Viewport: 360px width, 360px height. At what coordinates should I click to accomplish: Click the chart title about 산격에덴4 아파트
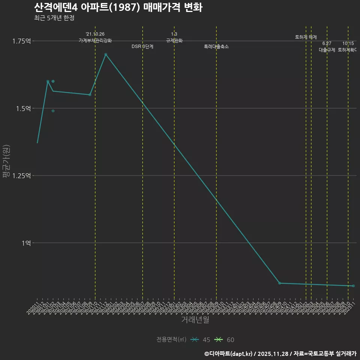pos(118,7)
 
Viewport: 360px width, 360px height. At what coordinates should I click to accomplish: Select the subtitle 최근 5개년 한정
pos(54,18)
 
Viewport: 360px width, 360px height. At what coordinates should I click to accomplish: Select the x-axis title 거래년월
pos(195,319)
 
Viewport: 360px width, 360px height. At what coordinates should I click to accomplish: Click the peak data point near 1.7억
pos(106,54)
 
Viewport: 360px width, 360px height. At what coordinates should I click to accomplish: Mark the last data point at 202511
pos(353,286)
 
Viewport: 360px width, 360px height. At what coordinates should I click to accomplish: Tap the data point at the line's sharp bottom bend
pos(279,283)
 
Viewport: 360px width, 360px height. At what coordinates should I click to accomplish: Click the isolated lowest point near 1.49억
pos(53,111)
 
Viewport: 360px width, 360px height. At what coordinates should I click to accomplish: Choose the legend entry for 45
pos(200,340)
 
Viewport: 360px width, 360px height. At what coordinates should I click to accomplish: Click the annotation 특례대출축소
pos(216,47)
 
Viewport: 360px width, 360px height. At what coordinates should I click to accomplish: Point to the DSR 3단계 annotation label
pos(142,47)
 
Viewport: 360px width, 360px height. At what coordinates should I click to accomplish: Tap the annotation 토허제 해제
pos(306,37)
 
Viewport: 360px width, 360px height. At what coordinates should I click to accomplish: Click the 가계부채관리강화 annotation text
pos(95,40)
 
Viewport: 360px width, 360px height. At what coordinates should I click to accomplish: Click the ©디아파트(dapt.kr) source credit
pos(229,354)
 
